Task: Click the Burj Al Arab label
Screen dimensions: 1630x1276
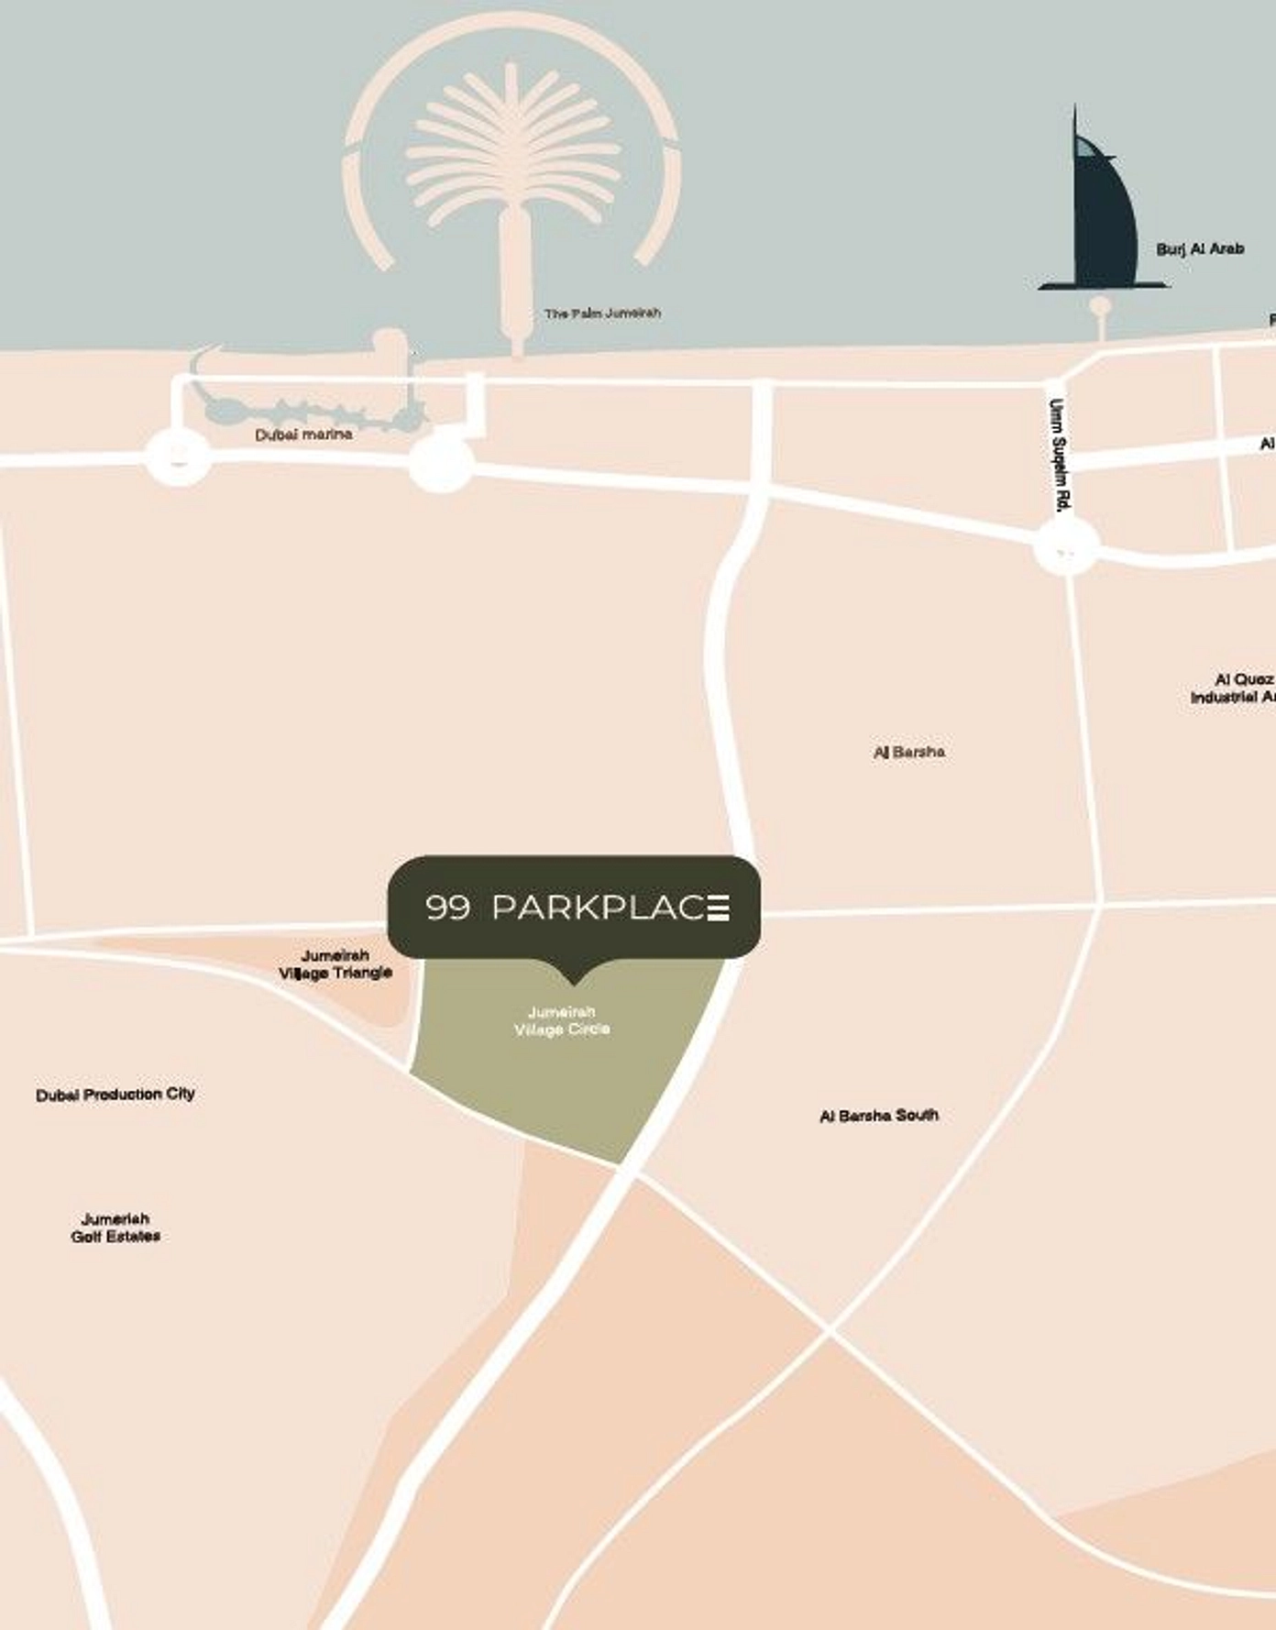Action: (1199, 249)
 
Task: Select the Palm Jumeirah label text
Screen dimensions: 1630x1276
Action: (602, 314)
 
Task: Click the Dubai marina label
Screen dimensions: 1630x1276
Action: (303, 435)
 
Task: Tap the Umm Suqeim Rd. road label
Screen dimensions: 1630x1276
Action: (1059, 455)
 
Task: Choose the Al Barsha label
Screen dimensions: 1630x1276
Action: (908, 753)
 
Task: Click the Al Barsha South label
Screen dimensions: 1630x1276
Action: (878, 1116)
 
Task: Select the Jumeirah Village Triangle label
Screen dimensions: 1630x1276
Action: (335, 964)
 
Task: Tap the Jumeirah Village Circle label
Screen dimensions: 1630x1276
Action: (562, 1020)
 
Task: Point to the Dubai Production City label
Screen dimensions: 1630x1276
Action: (115, 1095)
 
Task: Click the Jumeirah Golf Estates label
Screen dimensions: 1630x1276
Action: (115, 1228)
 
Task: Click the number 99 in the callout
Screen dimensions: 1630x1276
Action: (448, 908)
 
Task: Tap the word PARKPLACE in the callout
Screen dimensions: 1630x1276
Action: (610, 908)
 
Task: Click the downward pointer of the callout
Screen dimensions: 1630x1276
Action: (574, 975)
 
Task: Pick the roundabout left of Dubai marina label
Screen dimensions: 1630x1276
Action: (179, 457)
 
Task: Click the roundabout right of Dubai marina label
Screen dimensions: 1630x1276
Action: (441, 461)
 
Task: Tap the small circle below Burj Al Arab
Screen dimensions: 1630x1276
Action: (1101, 306)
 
